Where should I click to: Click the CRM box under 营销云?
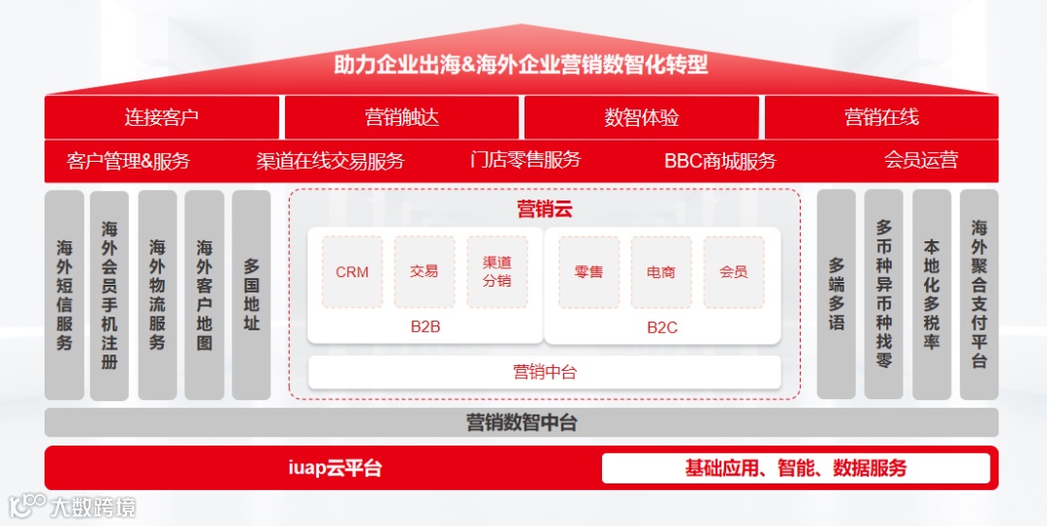click(352, 272)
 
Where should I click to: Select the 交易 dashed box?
click(424, 272)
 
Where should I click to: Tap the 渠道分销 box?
click(496, 272)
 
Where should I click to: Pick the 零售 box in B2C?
click(588, 272)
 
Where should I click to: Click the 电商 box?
click(661, 272)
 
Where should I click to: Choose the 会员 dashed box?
click(734, 272)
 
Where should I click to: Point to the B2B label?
click(425, 327)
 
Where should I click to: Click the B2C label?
click(662, 327)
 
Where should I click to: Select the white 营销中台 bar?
click(544, 372)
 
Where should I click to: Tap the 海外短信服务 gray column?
click(64, 294)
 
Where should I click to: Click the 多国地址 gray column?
click(251, 294)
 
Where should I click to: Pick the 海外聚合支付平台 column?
click(979, 294)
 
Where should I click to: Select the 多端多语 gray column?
click(837, 294)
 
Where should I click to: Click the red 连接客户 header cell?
click(162, 117)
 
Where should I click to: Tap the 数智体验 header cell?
click(642, 117)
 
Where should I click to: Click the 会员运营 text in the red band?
click(921, 161)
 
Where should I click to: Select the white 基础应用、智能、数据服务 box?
click(796, 469)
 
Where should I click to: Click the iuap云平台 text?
click(335, 469)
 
